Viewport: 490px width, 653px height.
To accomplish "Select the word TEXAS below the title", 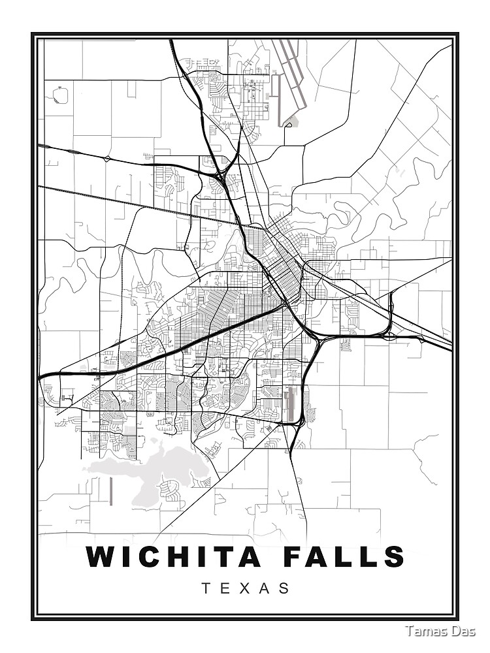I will click(245, 588).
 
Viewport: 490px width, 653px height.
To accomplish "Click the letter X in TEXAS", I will click(246, 588).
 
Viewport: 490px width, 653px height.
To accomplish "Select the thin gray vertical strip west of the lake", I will click(112, 490).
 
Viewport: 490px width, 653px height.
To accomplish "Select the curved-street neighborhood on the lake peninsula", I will click(171, 486).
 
